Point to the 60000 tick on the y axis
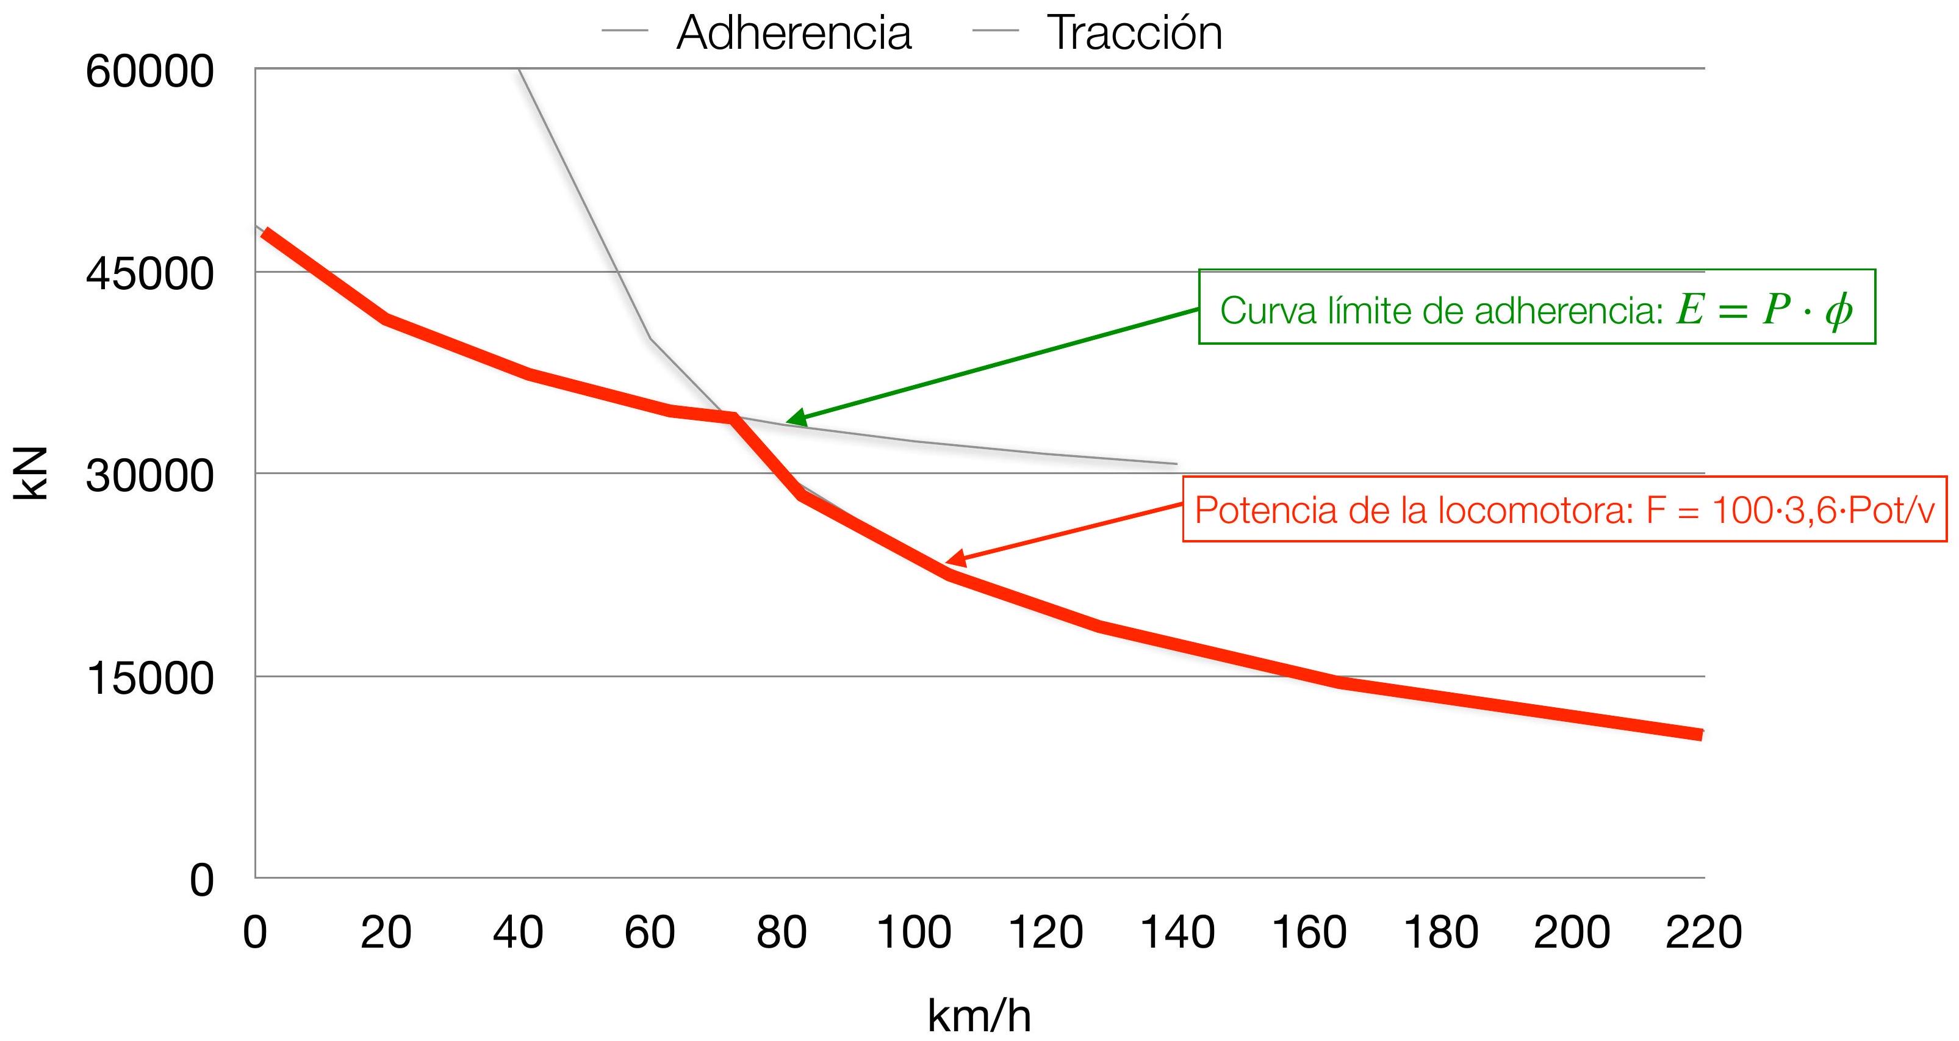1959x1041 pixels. pyautogui.click(x=150, y=71)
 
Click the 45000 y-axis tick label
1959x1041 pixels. pyautogui.click(x=150, y=274)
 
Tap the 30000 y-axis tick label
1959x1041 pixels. pyautogui.click(x=150, y=476)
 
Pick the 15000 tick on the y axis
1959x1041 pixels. pyautogui.click(x=150, y=679)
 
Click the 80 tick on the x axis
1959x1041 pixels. pyautogui.click(x=781, y=932)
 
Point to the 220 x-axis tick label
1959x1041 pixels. pyautogui.click(x=1703, y=932)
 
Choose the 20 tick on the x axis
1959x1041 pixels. pyautogui.click(x=386, y=932)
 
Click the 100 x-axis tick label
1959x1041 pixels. pyautogui.click(x=913, y=932)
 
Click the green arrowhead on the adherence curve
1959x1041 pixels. pyautogui.click(x=795, y=417)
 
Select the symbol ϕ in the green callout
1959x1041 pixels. pyautogui.click(x=1838, y=310)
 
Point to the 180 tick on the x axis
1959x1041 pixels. pyautogui.click(x=1440, y=932)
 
